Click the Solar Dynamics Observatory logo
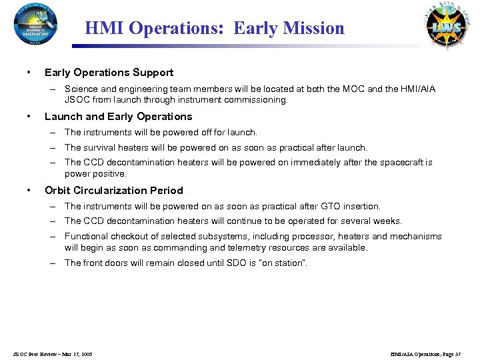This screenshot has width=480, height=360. point(35,23)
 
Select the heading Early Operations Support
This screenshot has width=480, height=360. point(109,73)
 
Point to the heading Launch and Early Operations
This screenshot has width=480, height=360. point(118,117)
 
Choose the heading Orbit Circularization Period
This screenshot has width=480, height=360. point(113,191)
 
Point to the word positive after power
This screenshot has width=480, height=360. point(109,173)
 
